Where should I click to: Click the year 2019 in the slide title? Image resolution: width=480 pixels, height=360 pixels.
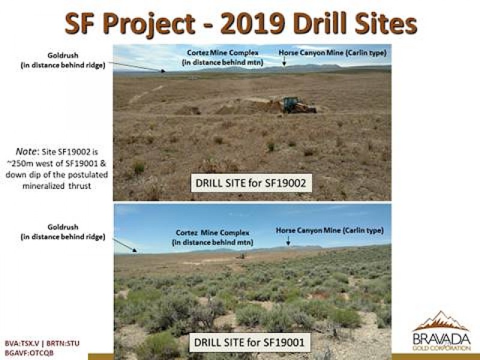pyautogui.click(x=253, y=23)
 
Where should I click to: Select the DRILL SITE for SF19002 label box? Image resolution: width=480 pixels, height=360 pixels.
pyautogui.click(x=251, y=183)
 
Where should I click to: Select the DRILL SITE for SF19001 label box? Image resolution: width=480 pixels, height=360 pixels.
pyautogui.click(x=250, y=342)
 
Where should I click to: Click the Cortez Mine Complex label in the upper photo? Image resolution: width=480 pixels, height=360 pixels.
pyautogui.click(x=223, y=58)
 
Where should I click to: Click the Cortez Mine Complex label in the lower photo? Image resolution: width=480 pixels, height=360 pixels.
pyautogui.click(x=212, y=238)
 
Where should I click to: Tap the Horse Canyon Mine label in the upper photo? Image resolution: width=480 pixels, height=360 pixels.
pyautogui.click(x=332, y=53)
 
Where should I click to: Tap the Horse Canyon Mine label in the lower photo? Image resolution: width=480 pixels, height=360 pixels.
pyautogui.click(x=329, y=230)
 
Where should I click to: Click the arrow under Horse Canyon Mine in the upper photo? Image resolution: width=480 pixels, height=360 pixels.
pyautogui.click(x=284, y=62)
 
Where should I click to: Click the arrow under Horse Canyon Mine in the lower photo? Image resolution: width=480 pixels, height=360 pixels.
pyautogui.click(x=288, y=241)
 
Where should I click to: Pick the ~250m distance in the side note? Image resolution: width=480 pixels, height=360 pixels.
pyautogui.click(x=20, y=163)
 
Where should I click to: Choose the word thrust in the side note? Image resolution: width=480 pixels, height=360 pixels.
pyautogui.click(x=80, y=186)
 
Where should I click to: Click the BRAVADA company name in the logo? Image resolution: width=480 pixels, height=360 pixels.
pyautogui.click(x=441, y=339)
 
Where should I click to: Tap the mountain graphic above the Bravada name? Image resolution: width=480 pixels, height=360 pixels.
pyautogui.click(x=441, y=322)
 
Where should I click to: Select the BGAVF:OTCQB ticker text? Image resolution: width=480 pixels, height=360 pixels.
pyautogui.click(x=29, y=352)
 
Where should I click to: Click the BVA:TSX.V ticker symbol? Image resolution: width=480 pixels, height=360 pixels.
pyautogui.click(x=22, y=343)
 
